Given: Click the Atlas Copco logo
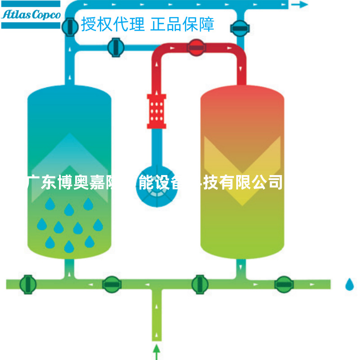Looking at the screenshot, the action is coord(31,14).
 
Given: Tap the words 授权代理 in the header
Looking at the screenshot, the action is coord(113,24).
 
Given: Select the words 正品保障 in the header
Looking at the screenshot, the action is coord(182,24).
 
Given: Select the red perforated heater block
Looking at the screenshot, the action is coord(156,110).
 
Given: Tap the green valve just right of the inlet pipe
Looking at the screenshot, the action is coord(199,283).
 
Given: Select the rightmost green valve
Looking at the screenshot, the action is coord(283,283).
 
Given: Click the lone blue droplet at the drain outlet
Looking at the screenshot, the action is coord(350,284).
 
